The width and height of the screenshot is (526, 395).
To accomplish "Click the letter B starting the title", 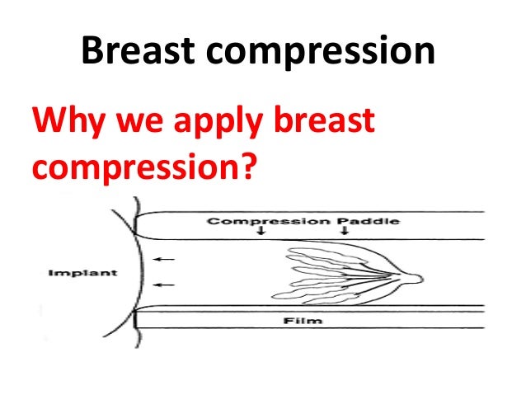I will pos(94,52).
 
